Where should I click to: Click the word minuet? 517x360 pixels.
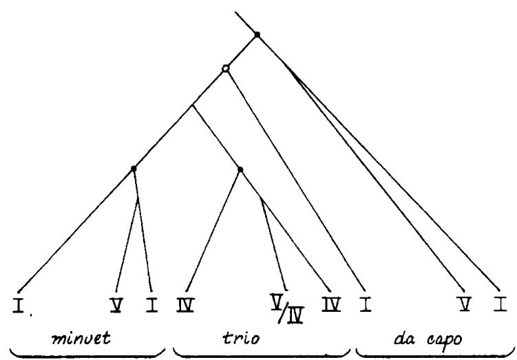[81, 338]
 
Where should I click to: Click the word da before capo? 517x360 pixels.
[405, 339]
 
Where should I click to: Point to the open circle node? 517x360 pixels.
[225, 69]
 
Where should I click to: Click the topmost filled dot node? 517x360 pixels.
[257, 34]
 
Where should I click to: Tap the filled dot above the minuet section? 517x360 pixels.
[134, 169]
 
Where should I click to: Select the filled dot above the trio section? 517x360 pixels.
[240, 169]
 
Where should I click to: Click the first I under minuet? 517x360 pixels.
[19, 305]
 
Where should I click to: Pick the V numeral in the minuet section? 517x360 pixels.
[116, 305]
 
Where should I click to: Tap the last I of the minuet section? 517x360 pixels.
[152, 305]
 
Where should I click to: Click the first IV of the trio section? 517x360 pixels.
[185, 305]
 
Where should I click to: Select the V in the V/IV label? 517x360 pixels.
[276, 301]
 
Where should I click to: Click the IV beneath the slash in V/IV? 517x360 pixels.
[295, 316]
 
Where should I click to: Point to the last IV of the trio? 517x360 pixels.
[331, 305]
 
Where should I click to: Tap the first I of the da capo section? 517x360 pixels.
[366, 305]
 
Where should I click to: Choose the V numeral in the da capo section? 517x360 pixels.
[465, 304]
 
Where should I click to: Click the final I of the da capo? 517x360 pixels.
[500, 304]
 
